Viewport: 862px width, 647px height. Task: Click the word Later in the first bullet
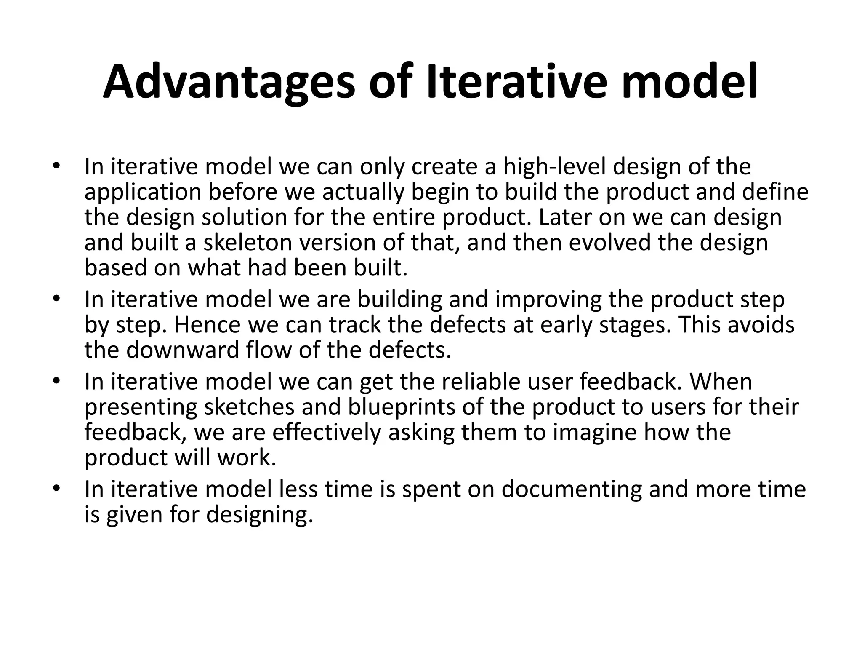560,218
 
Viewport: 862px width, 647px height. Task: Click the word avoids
761,325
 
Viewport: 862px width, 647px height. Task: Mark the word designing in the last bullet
260,515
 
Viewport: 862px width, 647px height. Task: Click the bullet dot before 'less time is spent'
57,489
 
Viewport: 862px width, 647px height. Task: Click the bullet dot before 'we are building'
57,299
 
